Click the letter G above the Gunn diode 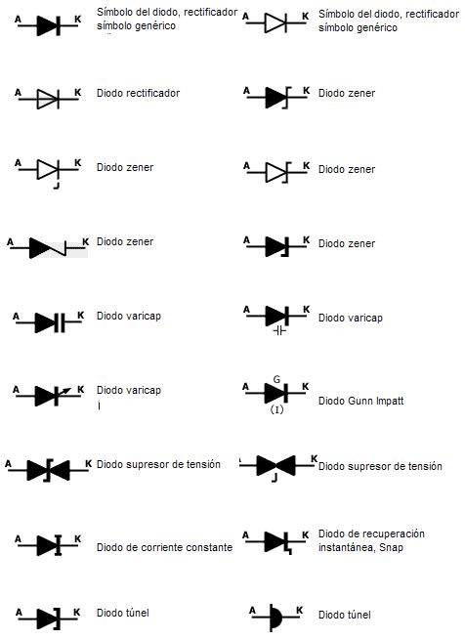pyautogui.click(x=276, y=378)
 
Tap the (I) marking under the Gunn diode pyautogui.click(x=276, y=409)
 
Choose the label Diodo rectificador pyautogui.click(x=138, y=94)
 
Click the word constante pyautogui.click(x=212, y=548)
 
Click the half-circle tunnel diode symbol pyautogui.click(x=276, y=619)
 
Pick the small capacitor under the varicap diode pyautogui.click(x=278, y=331)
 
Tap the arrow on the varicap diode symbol pyautogui.click(x=64, y=390)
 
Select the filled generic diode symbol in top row pyautogui.click(x=50, y=26)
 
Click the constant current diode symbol pyautogui.click(x=51, y=544)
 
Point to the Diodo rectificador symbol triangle pyautogui.click(x=48, y=99)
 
